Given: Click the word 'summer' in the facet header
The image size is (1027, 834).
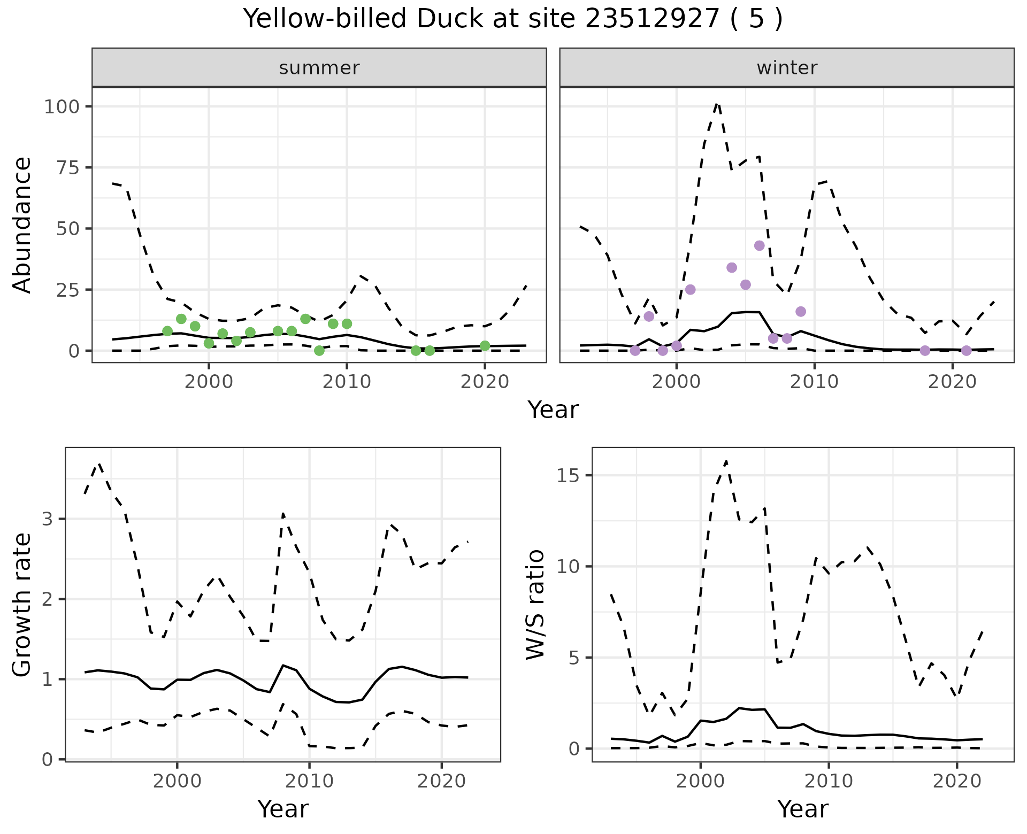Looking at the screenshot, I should pyautogui.click(x=319, y=68).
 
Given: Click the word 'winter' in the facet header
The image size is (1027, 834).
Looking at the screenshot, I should pyautogui.click(x=786, y=68).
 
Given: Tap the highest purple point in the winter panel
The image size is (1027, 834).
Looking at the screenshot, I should pyautogui.click(x=759, y=245).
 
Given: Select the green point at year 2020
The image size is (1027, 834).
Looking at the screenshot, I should pyautogui.click(x=485, y=346).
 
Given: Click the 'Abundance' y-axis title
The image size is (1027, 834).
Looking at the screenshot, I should pyautogui.click(x=22, y=225).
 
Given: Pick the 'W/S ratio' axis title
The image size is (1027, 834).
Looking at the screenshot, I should pyautogui.click(x=535, y=604).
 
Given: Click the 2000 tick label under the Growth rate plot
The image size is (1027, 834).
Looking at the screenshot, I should pyautogui.click(x=177, y=781).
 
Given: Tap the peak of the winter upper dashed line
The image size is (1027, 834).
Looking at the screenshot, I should pyautogui.click(x=717, y=102).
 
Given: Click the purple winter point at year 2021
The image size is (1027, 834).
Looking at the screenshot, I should pyautogui.click(x=966, y=351).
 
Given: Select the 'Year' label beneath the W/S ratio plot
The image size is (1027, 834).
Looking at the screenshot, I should pyautogui.click(x=802, y=809).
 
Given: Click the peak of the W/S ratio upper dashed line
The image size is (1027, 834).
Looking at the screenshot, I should pyautogui.click(x=726, y=461).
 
